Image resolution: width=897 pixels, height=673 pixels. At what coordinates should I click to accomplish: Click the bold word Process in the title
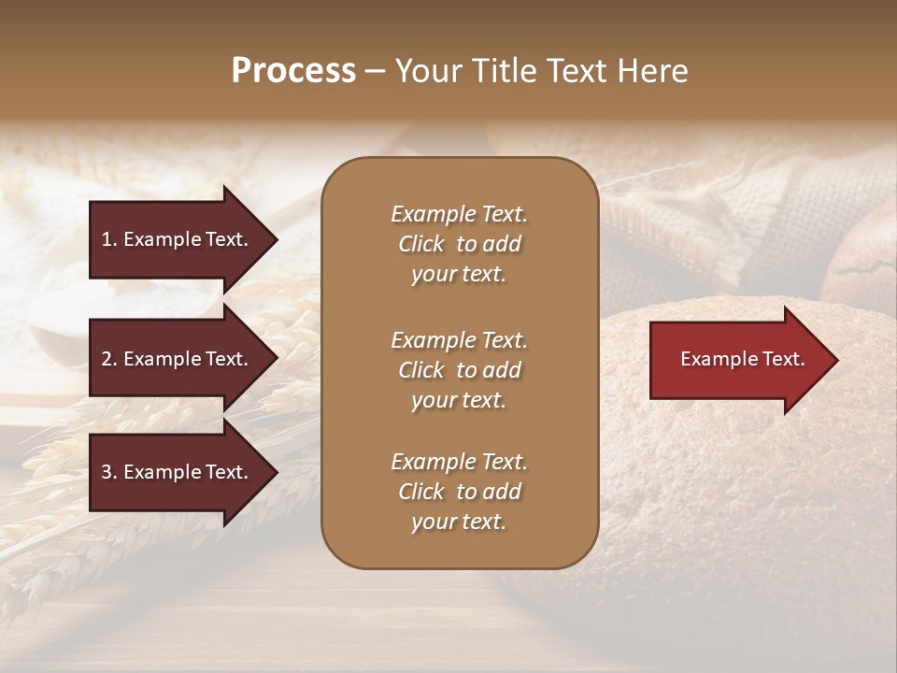pos(293,71)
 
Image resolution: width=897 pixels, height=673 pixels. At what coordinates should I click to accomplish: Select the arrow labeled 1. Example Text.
pos(178,239)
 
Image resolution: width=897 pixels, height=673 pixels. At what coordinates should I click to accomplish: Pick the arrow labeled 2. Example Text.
pos(178,359)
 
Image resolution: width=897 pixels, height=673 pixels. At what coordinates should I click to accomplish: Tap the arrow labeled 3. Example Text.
pos(178,472)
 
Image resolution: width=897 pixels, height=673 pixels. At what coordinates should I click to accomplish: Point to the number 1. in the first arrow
pos(109,239)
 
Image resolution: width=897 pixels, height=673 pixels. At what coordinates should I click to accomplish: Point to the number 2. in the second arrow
pos(109,359)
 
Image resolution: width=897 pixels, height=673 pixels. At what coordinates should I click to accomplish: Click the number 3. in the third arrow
pos(109,472)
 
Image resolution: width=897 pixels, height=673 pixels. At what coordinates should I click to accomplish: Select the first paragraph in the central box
pos(459,244)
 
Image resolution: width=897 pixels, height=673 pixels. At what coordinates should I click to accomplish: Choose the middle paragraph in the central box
pos(459,370)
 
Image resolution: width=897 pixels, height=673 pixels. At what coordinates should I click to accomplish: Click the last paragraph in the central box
pos(459,492)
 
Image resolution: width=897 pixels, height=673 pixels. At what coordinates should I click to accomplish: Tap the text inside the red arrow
pos(743,359)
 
